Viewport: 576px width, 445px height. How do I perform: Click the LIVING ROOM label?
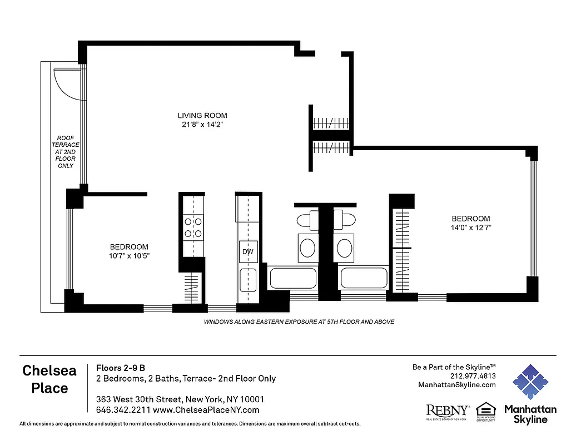pyautogui.click(x=198, y=116)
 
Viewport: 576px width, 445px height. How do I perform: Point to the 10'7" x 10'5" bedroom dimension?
pyautogui.click(x=129, y=255)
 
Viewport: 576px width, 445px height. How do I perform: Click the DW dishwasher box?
pyautogui.click(x=248, y=252)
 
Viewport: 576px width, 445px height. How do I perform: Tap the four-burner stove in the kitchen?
pyautogui.click(x=193, y=227)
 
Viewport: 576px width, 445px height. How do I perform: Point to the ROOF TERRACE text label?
pyautogui.click(x=65, y=151)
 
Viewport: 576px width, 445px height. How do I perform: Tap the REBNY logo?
pyautogui.click(x=447, y=411)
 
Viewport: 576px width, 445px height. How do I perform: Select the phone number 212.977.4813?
pyautogui.click(x=473, y=376)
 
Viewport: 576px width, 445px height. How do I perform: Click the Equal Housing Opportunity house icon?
pyautogui.click(x=485, y=410)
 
